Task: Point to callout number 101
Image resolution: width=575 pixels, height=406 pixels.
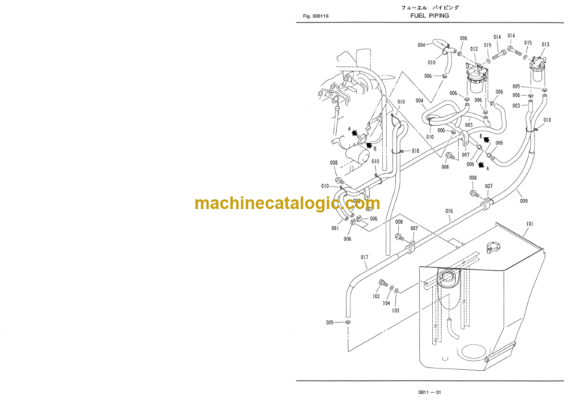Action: click(x=530, y=224)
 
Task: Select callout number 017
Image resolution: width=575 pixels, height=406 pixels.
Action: click(x=365, y=258)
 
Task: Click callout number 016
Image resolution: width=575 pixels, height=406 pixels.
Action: click(x=449, y=212)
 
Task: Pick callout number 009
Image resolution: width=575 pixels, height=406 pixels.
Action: click(x=523, y=201)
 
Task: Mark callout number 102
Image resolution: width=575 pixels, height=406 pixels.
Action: click(x=377, y=297)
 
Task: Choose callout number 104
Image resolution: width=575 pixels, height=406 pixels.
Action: click(x=387, y=303)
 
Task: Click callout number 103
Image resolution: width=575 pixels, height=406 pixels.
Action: click(x=395, y=310)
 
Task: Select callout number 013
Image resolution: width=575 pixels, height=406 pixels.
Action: click(x=545, y=45)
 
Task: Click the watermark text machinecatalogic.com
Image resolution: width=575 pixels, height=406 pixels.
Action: click(x=287, y=204)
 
